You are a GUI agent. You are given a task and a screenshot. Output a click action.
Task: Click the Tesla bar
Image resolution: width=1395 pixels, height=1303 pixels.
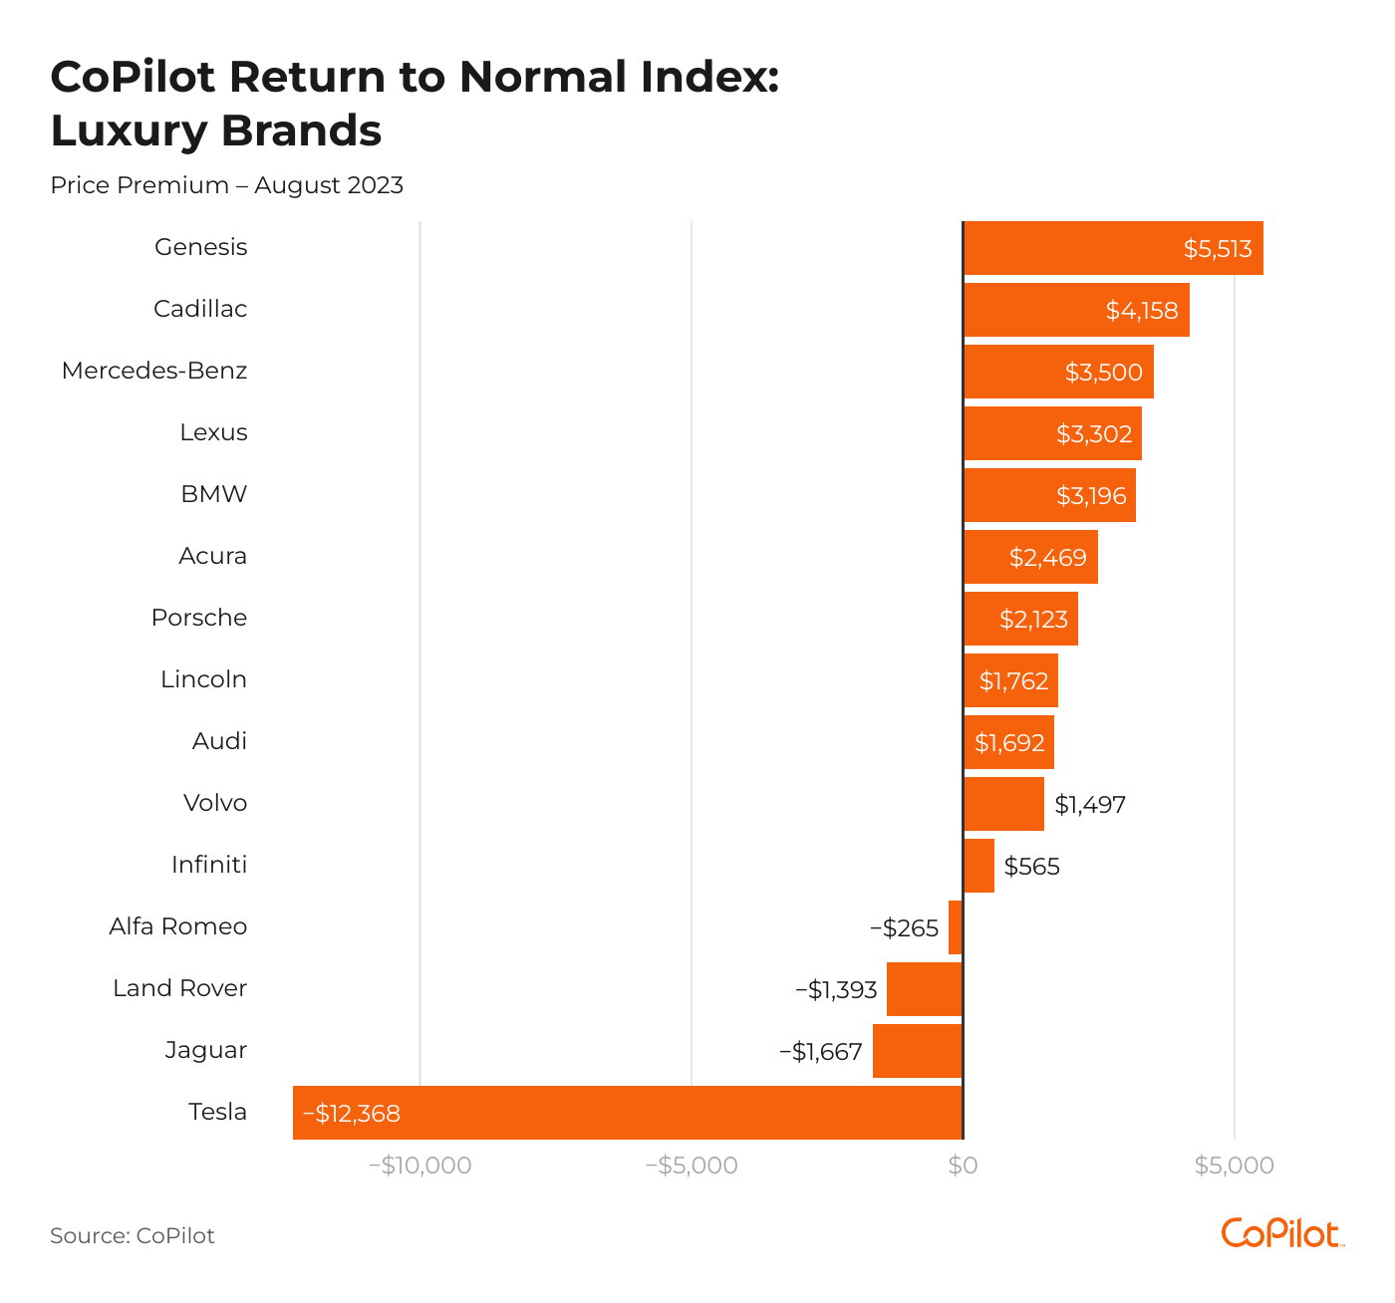628,1113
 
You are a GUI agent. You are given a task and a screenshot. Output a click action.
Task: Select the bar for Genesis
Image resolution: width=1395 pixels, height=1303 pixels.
1113,248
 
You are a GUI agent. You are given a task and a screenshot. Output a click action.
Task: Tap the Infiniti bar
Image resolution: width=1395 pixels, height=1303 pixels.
978,866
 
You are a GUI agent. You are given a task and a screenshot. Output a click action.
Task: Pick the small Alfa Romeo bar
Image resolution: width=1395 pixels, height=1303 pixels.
956,927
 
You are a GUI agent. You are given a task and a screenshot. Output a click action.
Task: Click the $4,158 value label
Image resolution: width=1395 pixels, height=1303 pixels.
1142,310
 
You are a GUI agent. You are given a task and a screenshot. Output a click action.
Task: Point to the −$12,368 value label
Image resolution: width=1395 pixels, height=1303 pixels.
352,1113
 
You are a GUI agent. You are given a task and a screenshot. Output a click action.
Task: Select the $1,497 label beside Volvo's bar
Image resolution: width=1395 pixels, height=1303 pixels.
1090,804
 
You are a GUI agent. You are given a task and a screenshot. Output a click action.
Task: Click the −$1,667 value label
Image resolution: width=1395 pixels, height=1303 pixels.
820,1051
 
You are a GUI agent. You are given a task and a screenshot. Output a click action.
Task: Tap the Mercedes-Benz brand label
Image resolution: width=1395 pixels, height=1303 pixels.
154,371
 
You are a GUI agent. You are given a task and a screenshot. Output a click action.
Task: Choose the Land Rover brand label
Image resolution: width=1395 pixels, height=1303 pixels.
179,988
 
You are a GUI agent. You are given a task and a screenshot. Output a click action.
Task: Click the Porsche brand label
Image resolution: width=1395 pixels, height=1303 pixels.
199,618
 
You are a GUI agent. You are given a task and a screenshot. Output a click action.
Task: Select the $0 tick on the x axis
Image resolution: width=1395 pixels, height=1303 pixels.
963,1166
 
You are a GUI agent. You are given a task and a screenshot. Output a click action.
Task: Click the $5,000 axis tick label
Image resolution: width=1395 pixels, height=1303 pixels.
1234,1166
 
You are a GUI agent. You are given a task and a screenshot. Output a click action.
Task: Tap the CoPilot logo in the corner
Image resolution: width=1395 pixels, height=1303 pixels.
1281,1233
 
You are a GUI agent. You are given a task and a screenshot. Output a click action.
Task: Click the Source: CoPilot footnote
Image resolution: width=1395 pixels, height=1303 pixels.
133,1236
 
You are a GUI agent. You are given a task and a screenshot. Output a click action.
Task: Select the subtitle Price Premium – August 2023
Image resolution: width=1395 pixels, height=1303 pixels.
227,185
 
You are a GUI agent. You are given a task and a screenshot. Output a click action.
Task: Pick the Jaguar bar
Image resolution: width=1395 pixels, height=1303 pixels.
918,1051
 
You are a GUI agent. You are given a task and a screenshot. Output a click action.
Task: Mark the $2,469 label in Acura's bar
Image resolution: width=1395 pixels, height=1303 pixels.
1047,557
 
